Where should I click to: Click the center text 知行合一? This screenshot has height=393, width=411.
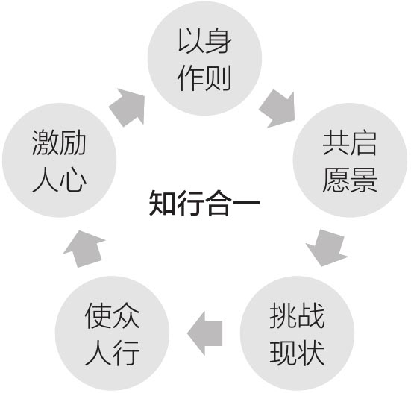click(x=204, y=203)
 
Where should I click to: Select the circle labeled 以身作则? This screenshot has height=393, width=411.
click(x=204, y=58)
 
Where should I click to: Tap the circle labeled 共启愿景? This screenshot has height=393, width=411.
click(x=350, y=160)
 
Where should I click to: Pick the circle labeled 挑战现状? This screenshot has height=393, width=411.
click(x=297, y=333)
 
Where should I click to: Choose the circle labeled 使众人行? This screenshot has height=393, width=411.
click(x=112, y=333)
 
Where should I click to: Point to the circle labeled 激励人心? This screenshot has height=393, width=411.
click(x=59, y=160)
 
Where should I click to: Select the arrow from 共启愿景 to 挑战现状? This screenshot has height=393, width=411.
click(x=327, y=248)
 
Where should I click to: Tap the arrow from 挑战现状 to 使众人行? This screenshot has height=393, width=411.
click(x=205, y=333)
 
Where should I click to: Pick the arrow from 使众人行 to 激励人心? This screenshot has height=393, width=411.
click(x=84, y=249)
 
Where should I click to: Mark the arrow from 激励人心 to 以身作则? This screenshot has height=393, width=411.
click(x=128, y=107)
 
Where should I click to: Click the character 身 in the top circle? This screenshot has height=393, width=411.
click(x=219, y=41)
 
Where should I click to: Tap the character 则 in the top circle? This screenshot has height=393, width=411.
click(x=218, y=78)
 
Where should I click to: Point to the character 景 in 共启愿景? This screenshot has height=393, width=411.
click(x=363, y=180)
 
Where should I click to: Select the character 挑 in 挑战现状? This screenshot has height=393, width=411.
click(x=283, y=315)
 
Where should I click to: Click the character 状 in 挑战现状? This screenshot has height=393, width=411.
click(x=311, y=353)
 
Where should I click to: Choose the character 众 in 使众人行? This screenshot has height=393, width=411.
click(x=126, y=315)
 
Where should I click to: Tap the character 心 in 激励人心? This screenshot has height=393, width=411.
click(x=73, y=180)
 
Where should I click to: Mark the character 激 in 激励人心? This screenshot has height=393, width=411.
click(x=46, y=142)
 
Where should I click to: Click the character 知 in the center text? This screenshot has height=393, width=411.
click(x=163, y=203)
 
